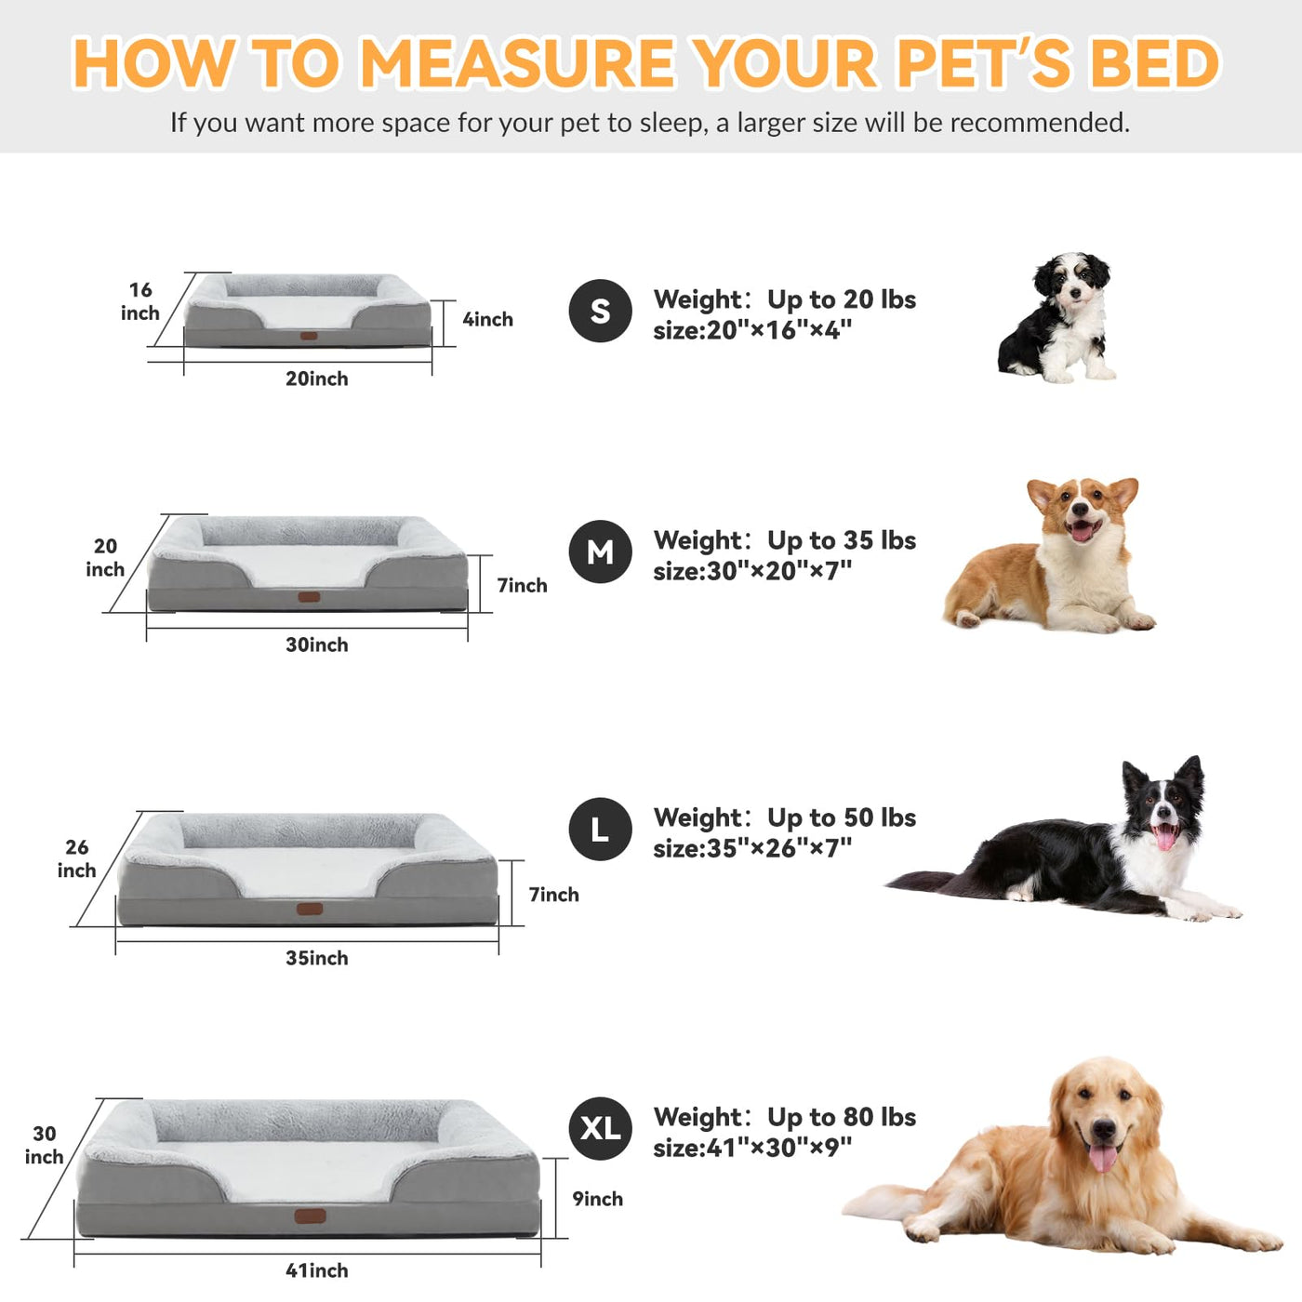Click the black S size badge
[600, 311]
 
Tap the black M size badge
[600, 552]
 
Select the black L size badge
[600, 829]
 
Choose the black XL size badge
[600, 1128]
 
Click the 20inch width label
[317, 379]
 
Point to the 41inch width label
[317, 1271]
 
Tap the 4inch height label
[488, 320]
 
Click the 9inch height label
[597, 1200]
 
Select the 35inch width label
[317, 958]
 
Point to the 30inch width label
[317, 645]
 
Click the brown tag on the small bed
[309, 336]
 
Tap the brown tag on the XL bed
[310, 1216]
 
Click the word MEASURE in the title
[518, 63]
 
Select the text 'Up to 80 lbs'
[842, 1117]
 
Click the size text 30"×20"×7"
[779, 571]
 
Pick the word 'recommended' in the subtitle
[1039, 123]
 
